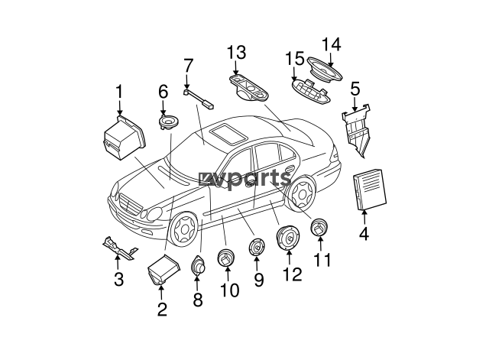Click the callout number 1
[119, 92]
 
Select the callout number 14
[331, 44]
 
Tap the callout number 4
[364, 233]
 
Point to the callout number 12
[292, 274]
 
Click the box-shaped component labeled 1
[124, 138]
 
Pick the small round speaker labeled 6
[169, 122]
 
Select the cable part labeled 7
[199, 99]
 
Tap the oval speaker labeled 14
[324, 70]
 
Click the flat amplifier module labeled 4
[370, 189]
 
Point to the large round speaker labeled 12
[287, 238]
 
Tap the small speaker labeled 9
[257, 246]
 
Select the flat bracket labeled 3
[120, 248]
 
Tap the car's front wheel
[183, 229]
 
